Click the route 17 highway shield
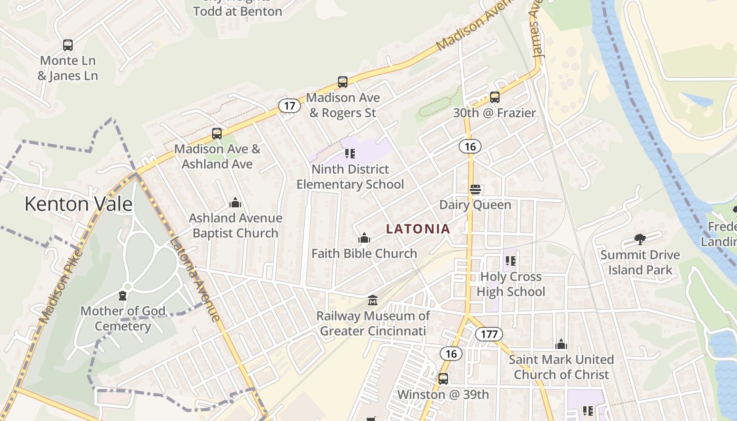(290, 106)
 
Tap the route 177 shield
(489, 334)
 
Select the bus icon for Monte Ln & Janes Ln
(67, 45)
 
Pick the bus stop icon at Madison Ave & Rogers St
(343, 82)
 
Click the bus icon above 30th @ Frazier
(494, 97)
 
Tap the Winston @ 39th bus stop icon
(443, 379)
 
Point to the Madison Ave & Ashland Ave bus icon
(217, 134)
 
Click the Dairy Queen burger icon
(475, 189)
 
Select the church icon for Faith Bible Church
(364, 238)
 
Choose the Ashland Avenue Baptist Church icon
(235, 203)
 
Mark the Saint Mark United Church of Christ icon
(561, 345)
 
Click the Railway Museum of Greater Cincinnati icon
(373, 300)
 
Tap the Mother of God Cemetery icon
(123, 296)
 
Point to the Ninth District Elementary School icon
(350, 154)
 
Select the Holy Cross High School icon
(510, 261)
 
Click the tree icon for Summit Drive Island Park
(640, 240)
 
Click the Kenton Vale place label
(78, 204)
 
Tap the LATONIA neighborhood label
(418, 229)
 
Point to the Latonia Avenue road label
(194, 279)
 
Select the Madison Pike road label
(62, 287)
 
